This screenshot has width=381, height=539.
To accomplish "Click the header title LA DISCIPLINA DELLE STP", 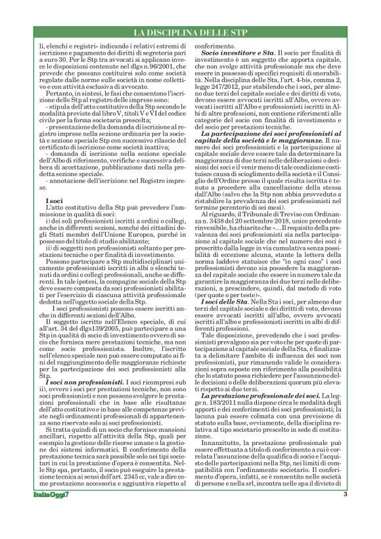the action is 190,32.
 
